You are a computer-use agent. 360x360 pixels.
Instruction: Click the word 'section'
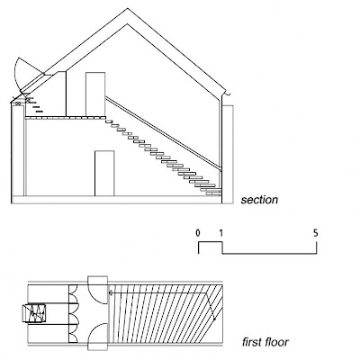[x=259, y=200]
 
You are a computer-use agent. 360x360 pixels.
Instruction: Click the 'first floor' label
[x=265, y=342]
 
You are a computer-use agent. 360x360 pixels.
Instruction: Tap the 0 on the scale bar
[x=198, y=233]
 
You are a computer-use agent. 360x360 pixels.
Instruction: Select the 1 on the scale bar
[x=221, y=233]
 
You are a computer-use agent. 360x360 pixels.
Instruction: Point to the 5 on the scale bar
[x=316, y=233]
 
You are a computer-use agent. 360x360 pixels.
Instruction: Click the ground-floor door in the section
[x=104, y=174]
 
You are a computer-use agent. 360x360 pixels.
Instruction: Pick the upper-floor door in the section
[x=95, y=94]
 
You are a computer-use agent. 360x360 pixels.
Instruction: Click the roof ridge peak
[x=129, y=9]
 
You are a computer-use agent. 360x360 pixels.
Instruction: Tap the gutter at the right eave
[x=228, y=94]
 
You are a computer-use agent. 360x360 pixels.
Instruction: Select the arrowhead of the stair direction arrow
[x=111, y=292]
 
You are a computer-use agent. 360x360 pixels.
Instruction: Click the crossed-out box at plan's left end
[x=34, y=313]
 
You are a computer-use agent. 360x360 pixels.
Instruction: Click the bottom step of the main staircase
[x=213, y=194]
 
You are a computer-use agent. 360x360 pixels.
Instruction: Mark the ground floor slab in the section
[x=116, y=200]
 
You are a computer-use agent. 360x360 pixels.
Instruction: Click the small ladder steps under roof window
[x=32, y=103]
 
